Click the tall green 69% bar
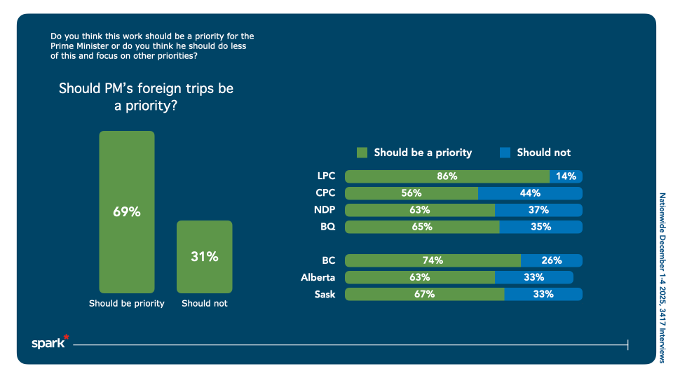126,211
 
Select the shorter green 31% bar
204,256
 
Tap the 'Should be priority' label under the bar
126,304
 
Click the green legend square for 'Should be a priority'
362,153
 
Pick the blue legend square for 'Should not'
505,153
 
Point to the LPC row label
327,176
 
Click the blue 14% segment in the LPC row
566,176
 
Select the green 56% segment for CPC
412,193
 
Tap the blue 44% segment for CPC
530,193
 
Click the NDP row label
326,210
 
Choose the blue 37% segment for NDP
538,210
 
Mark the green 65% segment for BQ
422,227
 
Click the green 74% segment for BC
433,260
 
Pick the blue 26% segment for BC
552,260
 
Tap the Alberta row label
318,277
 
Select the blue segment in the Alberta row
534,277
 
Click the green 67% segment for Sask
424,294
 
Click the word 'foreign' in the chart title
144,89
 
